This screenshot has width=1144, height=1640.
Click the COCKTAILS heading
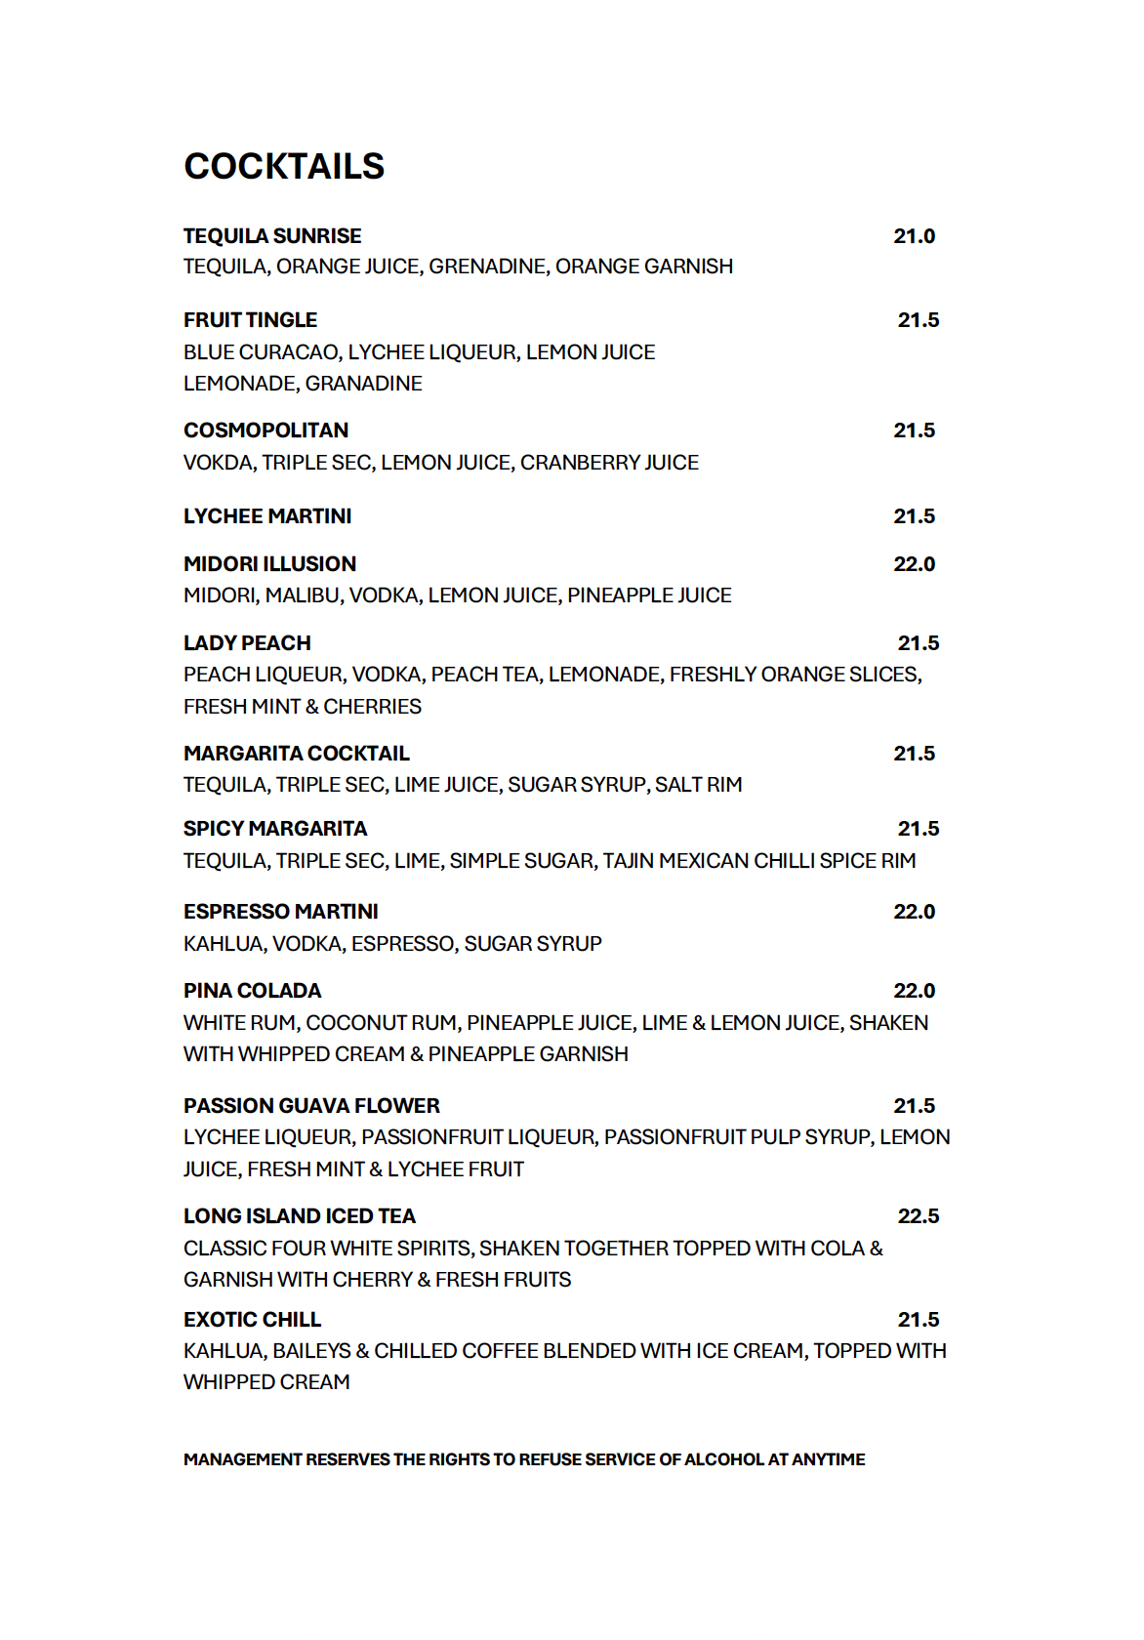click(x=284, y=167)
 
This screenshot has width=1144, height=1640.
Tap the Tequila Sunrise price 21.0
click(x=914, y=236)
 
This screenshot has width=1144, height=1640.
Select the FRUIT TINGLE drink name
click(x=250, y=320)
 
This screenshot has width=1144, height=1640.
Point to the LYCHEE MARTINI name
click(x=267, y=516)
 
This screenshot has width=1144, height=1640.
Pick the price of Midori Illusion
click(x=914, y=564)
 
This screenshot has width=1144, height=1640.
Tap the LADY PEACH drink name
click(x=247, y=643)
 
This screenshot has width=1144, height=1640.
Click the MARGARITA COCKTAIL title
click(x=297, y=754)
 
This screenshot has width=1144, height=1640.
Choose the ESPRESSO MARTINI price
click(x=914, y=912)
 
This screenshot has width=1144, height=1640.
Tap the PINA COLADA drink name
click(x=252, y=991)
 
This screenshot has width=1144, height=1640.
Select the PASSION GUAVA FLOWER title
click(x=311, y=1106)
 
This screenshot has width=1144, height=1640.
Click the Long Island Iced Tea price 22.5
click(x=918, y=1216)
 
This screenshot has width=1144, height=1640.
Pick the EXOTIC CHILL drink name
click(x=252, y=1320)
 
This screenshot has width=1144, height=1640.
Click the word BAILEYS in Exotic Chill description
click(x=311, y=1351)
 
